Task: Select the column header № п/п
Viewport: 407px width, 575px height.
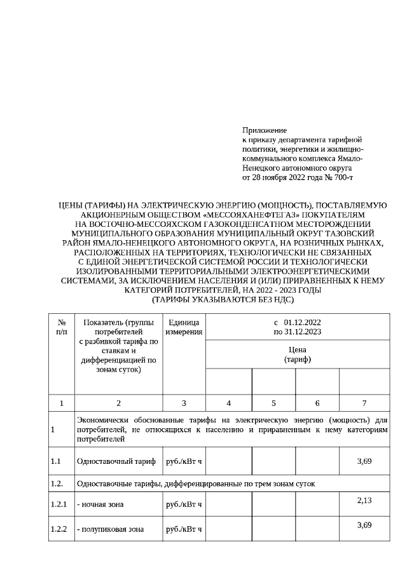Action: (61, 327)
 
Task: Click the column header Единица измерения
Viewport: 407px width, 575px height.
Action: (184, 327)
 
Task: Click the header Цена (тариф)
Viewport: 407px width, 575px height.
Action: (296, 355)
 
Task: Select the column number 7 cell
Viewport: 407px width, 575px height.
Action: (364, 403)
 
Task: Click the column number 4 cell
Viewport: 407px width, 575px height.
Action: (228, 403)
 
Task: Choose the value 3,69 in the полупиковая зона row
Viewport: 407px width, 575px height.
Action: (364, 524)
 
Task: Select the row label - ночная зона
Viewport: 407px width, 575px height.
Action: (100, 504)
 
